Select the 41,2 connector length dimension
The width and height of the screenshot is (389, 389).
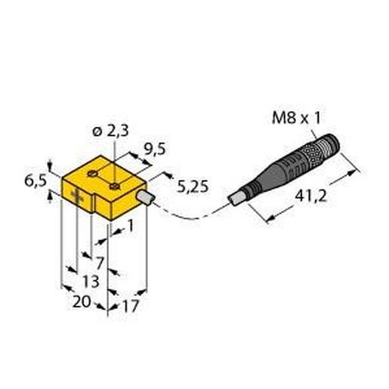point(311,199)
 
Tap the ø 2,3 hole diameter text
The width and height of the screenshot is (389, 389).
point(109,134)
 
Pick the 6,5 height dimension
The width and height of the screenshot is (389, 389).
point(32,181)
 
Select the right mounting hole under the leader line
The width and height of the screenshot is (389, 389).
point(114,183)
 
